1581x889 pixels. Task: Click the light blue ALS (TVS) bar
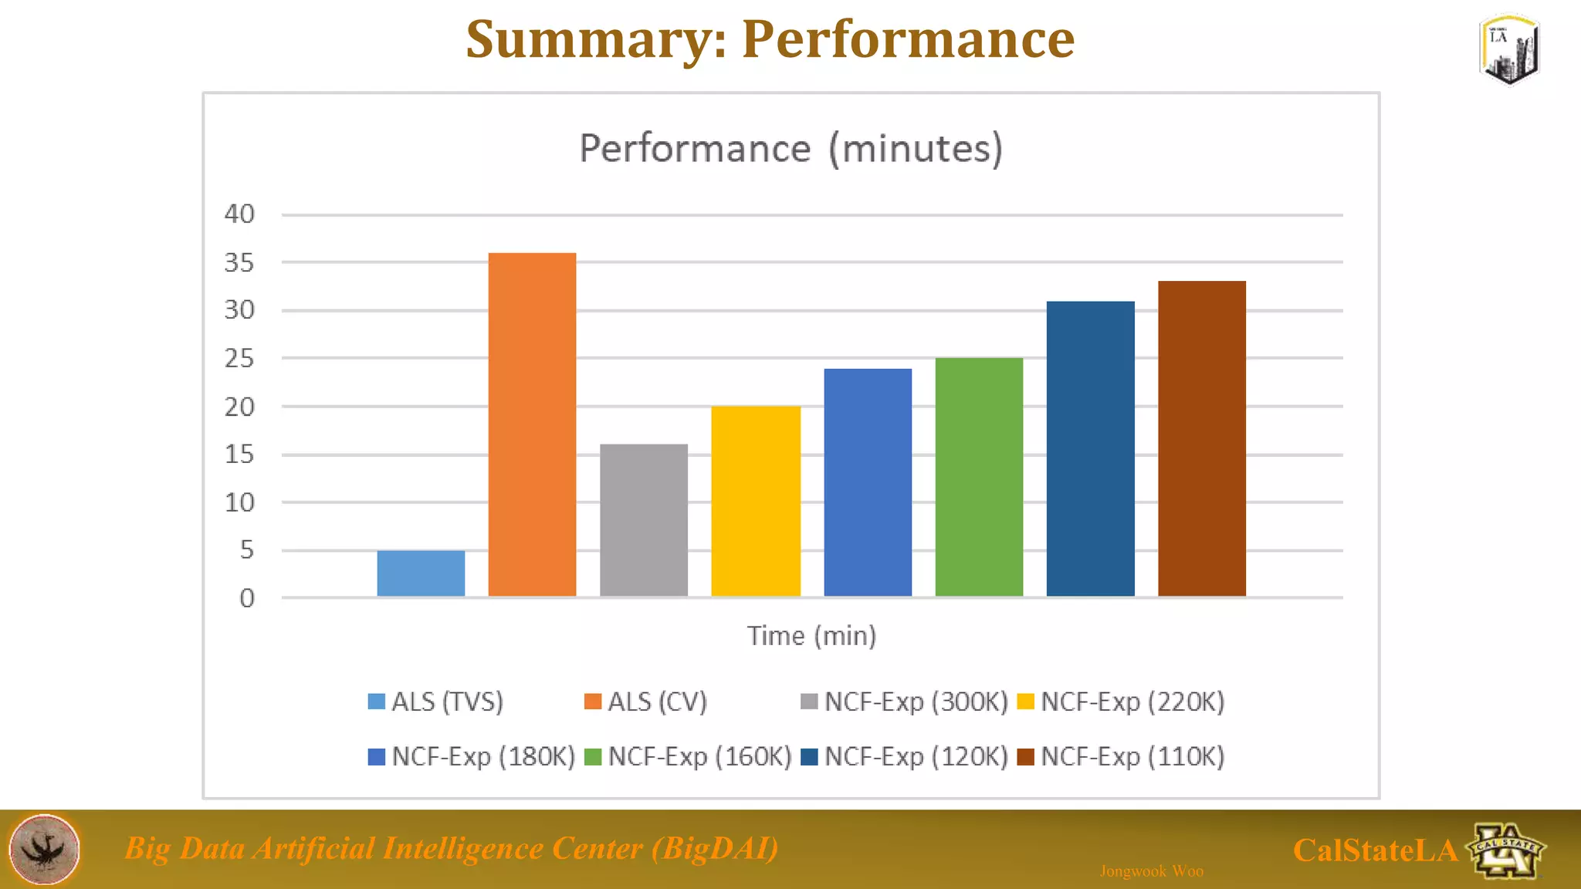pos(421,573)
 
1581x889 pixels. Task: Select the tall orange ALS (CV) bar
pos(532,424)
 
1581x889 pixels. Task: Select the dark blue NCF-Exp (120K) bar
pos(1090,448)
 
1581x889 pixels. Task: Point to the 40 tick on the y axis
pos(239,214)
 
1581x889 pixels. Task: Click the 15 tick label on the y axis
pos(239,455)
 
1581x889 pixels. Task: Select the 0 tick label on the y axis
pos(246,598)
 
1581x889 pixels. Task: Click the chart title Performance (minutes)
pos(790,148)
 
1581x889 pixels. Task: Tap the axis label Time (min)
pos(811,636)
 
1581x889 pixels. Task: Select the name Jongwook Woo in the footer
pos(1151,871)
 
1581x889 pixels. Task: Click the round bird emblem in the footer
pos(44,849)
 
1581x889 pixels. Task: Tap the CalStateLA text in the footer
pos(1375,850)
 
